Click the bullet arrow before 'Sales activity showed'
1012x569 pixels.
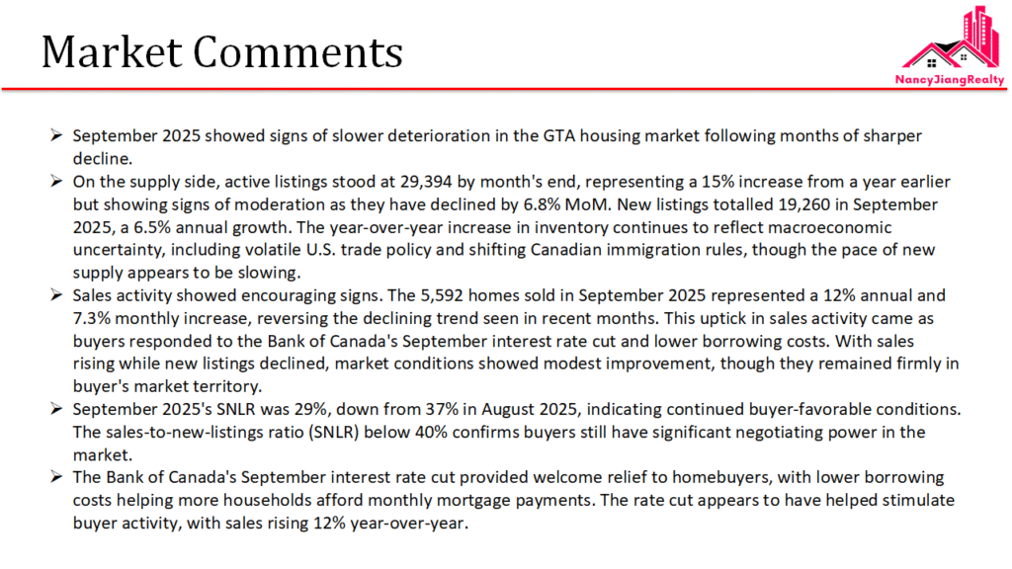57,295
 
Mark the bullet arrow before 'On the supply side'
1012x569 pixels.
57,182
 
